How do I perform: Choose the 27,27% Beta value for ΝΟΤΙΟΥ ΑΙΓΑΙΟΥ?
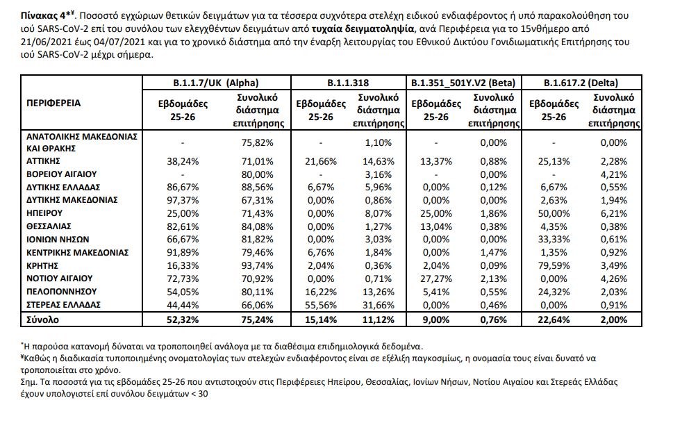433,279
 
